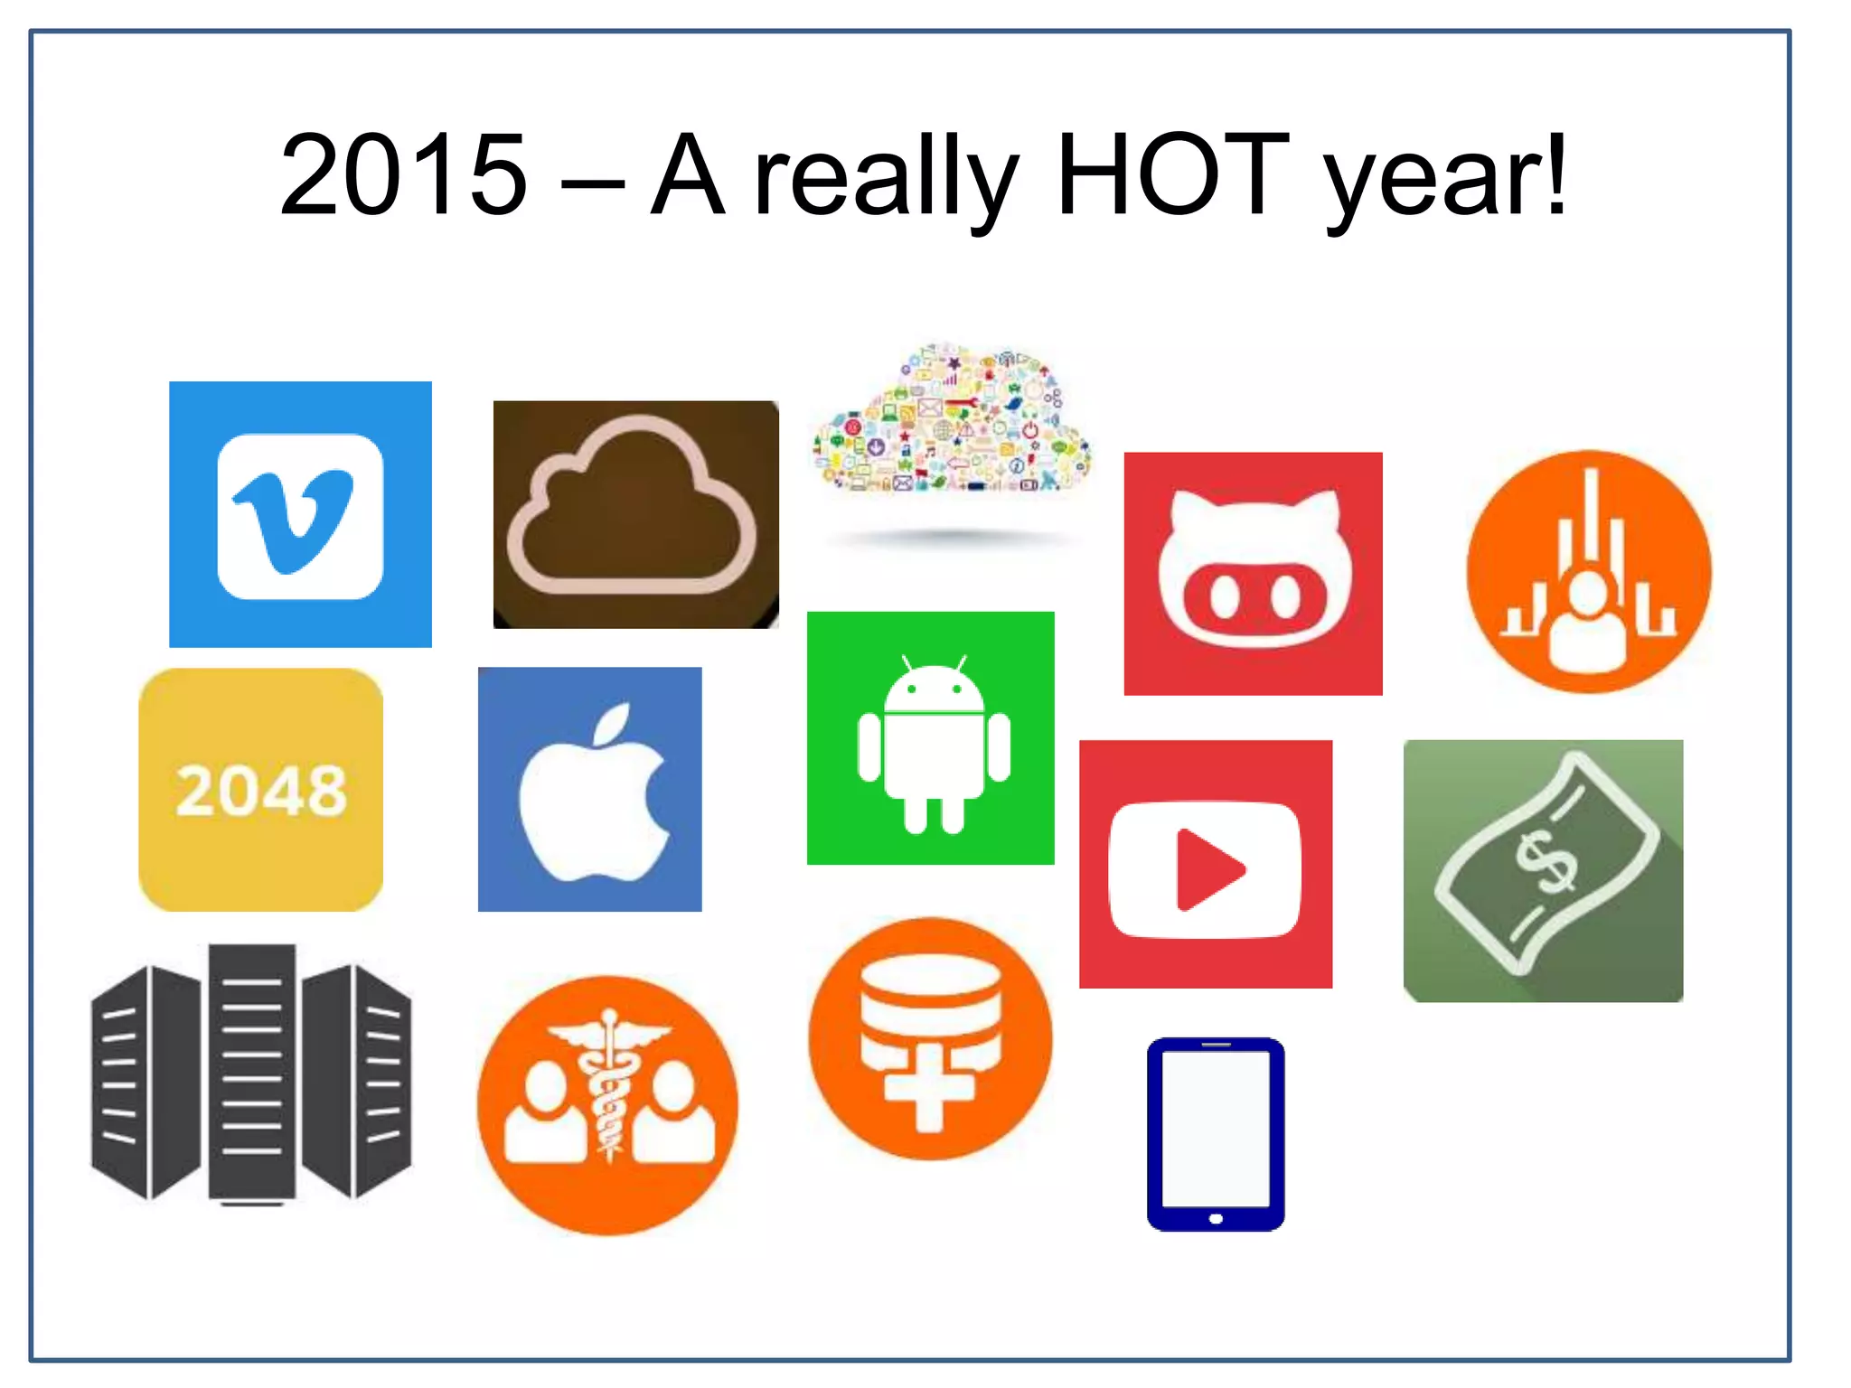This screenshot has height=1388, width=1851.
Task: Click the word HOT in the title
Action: (1172, 175)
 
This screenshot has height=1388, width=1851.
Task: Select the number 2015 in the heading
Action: (403, 175)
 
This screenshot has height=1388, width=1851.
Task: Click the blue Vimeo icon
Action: (300, 514)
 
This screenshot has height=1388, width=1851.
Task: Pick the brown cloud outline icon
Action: (635, 514)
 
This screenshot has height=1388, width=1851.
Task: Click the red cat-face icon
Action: (1253, 574)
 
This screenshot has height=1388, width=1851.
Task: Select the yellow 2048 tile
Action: (260, 790)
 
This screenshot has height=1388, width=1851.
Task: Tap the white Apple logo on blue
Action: (590, 790)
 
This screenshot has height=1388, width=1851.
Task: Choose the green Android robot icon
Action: (931, 738)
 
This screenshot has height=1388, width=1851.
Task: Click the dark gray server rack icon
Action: (251, 1074)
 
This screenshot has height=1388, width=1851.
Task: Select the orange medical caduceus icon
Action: (607, 1105)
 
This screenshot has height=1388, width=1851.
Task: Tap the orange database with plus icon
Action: (930, 1039)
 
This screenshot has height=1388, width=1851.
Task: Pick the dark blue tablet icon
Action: (1216, 1134)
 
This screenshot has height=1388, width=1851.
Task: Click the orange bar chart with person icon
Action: (1588, 572)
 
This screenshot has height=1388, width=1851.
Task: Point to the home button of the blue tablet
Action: (1216, 1219)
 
